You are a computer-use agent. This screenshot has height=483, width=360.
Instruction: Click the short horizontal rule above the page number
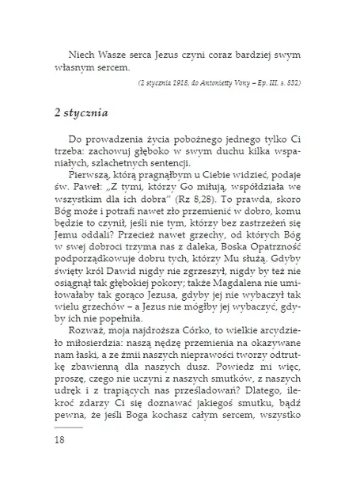pyautogui.click(x=67, y=426)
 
